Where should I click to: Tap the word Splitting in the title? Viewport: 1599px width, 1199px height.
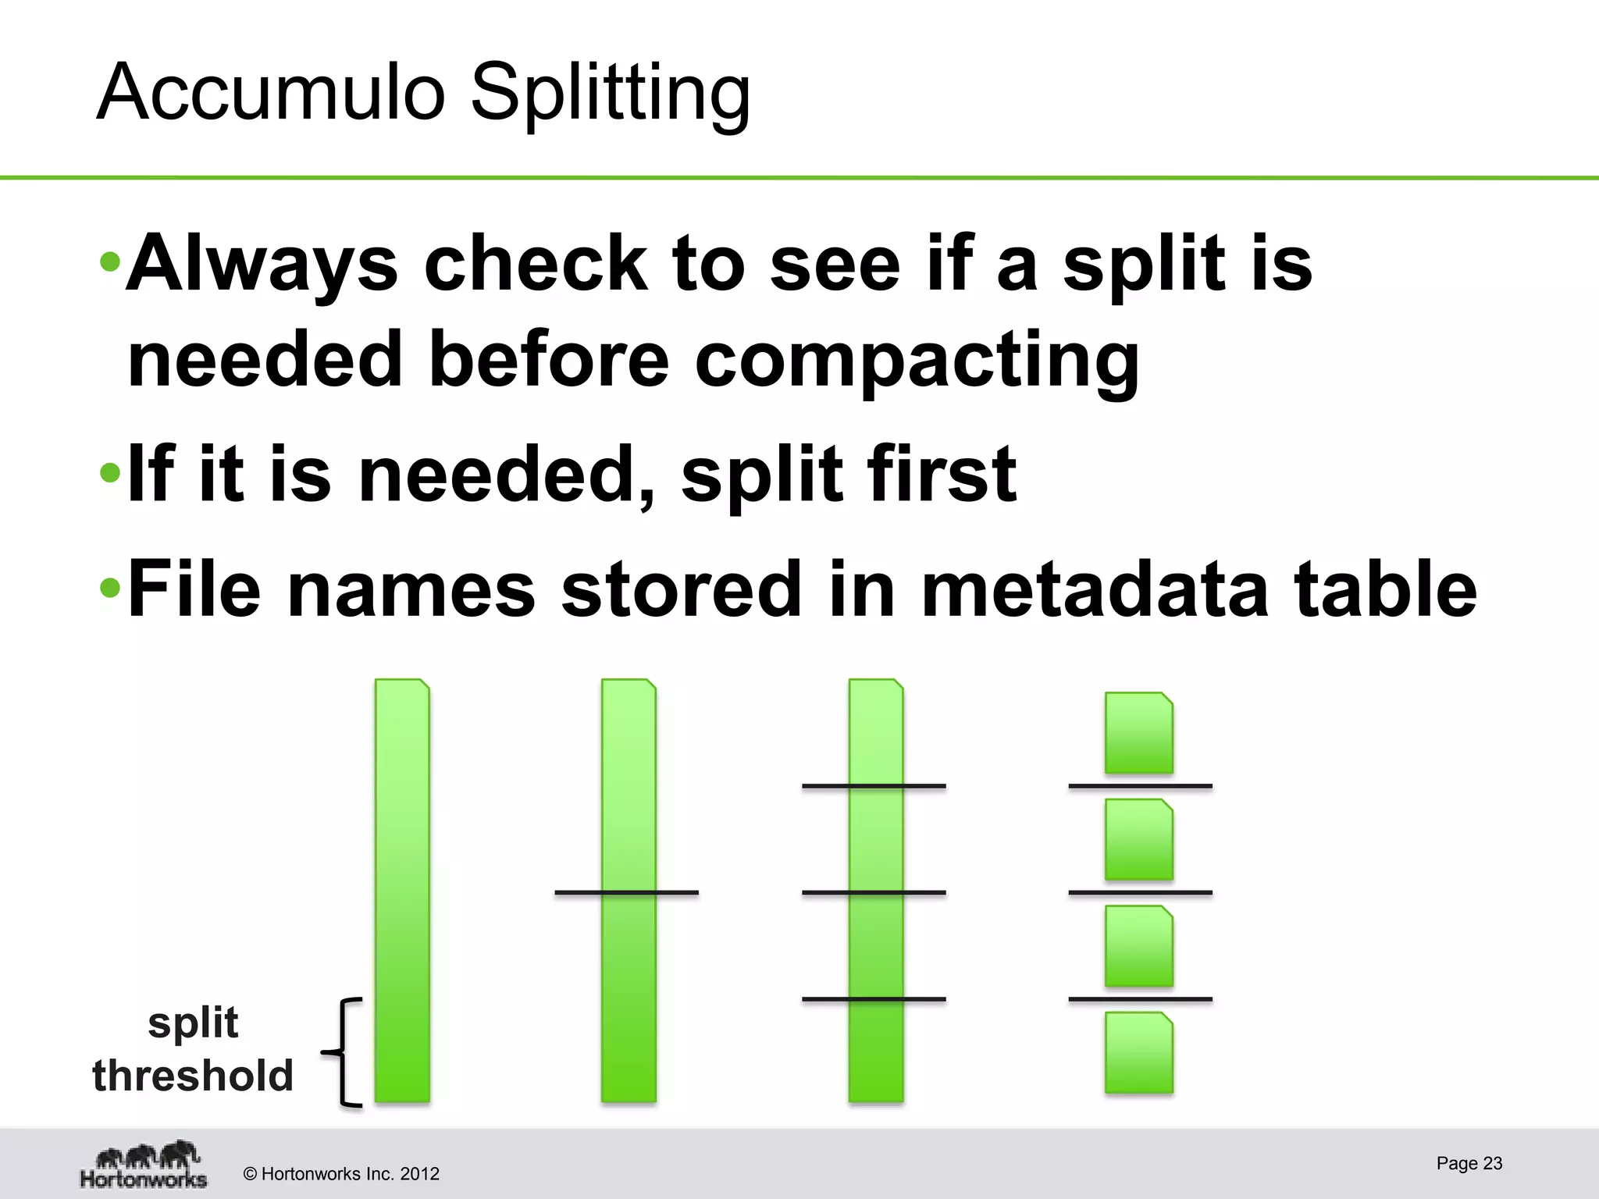click(x=610, y=95)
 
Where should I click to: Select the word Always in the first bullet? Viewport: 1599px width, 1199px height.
click(x=262, y=264)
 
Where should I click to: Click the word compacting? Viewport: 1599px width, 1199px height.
click(x=917, y=361)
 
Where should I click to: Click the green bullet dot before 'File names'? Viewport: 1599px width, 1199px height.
click(x=110, y=586)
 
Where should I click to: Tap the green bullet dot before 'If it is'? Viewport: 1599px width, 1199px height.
click(x=110, y=472)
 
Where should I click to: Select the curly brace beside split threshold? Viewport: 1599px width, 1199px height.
click(x=344, y=1051)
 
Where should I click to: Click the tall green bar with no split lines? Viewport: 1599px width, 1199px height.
click(x=402, y=890)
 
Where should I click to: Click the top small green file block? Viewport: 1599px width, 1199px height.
click(x=1139, y=733)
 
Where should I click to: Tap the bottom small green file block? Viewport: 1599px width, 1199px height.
click(x=1139, y=1052)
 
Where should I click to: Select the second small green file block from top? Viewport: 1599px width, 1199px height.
click(x=1139, y=840)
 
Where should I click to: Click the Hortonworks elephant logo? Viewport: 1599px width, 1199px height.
click(x=144, y=1165)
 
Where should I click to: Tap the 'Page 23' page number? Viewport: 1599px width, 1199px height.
click(x=1469, y=1163)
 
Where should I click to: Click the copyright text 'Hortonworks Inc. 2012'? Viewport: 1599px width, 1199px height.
click(x=342, y=1174)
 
